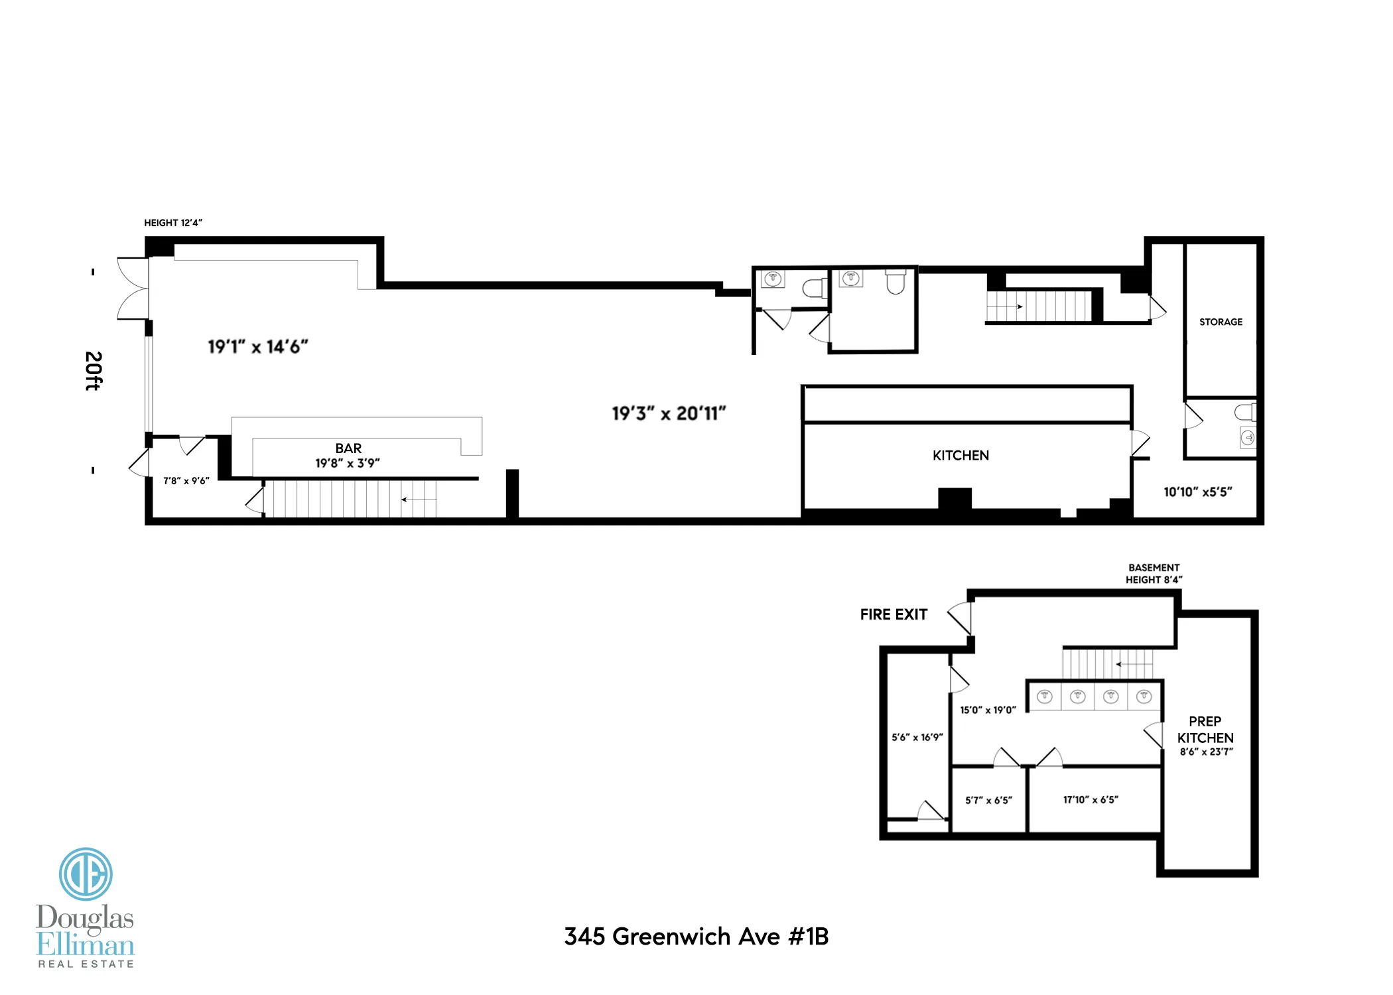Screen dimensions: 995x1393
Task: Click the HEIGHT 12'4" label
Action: click(173, 223)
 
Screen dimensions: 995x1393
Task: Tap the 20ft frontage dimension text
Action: click(94, 371)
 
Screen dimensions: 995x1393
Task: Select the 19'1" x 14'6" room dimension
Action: click(258, 346)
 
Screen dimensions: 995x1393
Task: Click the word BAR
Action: click(348, 448)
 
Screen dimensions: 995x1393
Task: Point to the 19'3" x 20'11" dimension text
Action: click(669, 413)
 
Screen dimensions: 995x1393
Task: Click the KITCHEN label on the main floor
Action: click(961, 455)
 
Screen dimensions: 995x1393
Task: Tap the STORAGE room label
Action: click(1221, 322)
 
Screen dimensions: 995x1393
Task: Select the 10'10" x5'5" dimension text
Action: click(1197, 492)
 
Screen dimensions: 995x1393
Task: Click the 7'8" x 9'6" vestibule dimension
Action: click(186, 480)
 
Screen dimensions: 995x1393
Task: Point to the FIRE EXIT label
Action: click(894, 614)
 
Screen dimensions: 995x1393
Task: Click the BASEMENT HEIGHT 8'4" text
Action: click(1154, 574)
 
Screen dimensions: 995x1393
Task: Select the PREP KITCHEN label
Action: click(1205, 730)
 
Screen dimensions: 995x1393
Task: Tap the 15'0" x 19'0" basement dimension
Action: click(988, 710)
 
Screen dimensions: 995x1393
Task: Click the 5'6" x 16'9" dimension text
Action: click(917, 737)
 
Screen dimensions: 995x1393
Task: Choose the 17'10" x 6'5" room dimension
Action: click(1091, 799)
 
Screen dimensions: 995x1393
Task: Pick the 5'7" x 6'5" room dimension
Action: click(988, 800)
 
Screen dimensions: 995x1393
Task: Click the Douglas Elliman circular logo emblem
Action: click(86, 874)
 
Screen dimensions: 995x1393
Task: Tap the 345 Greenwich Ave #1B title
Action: click(696, 936)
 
